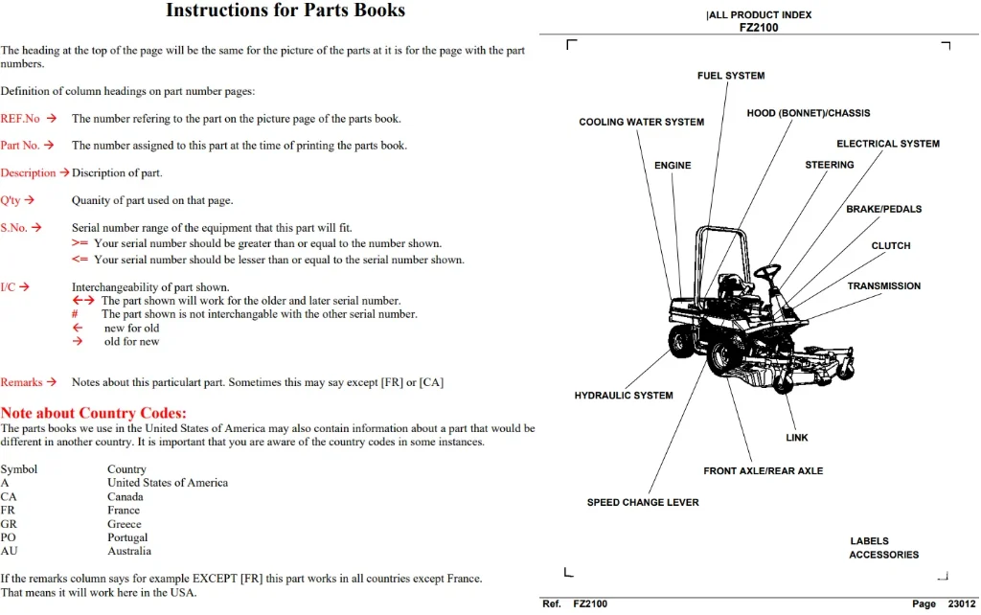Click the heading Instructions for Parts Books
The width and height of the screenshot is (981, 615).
point(285,10)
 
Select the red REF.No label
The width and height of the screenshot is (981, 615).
point(20,118)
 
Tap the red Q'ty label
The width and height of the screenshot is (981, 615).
point(11,200)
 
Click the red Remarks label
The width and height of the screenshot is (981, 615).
point(21,382)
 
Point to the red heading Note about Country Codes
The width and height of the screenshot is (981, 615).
point(93,413)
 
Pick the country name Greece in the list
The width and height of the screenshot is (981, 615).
point(124,524)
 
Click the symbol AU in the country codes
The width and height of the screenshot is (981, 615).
point(9,551)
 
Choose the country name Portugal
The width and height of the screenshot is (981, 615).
point(127,537)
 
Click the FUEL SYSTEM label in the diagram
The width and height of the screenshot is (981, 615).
point(731,76)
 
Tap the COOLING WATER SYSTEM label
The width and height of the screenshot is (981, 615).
point(641,122)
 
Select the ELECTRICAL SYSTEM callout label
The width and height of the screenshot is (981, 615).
point(888,144)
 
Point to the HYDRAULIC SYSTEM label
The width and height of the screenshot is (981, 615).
point(624,396)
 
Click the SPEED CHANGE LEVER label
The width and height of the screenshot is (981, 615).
point(643,502)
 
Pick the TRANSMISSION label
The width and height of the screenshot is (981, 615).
point(884,285)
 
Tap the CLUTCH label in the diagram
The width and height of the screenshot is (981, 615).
point(891,246)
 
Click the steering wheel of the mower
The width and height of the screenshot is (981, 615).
point(767,271)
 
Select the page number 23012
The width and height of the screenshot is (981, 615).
point(962,604)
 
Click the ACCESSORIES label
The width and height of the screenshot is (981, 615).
point(883,555)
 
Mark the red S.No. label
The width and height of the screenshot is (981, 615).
point(13,228)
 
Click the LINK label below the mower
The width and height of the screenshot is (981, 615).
point(796,438)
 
